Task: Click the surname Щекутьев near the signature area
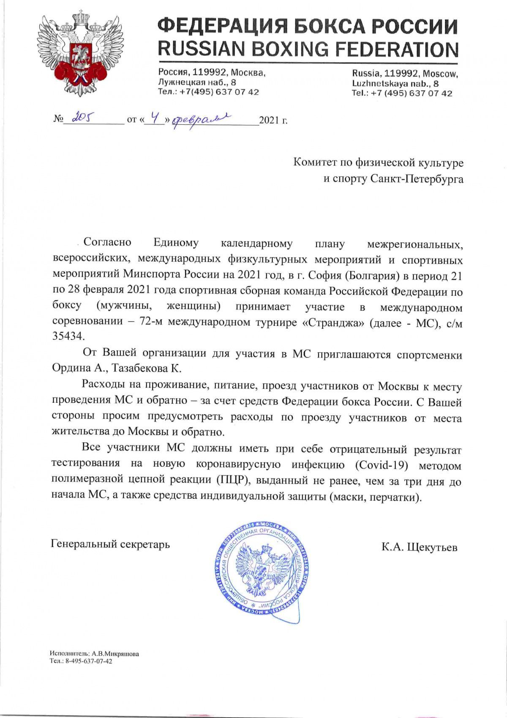[x=432, y=547]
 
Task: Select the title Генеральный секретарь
[x=110, y=544]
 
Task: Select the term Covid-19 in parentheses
[x=382, y=465]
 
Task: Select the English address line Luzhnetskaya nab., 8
[x=395, y=84]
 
